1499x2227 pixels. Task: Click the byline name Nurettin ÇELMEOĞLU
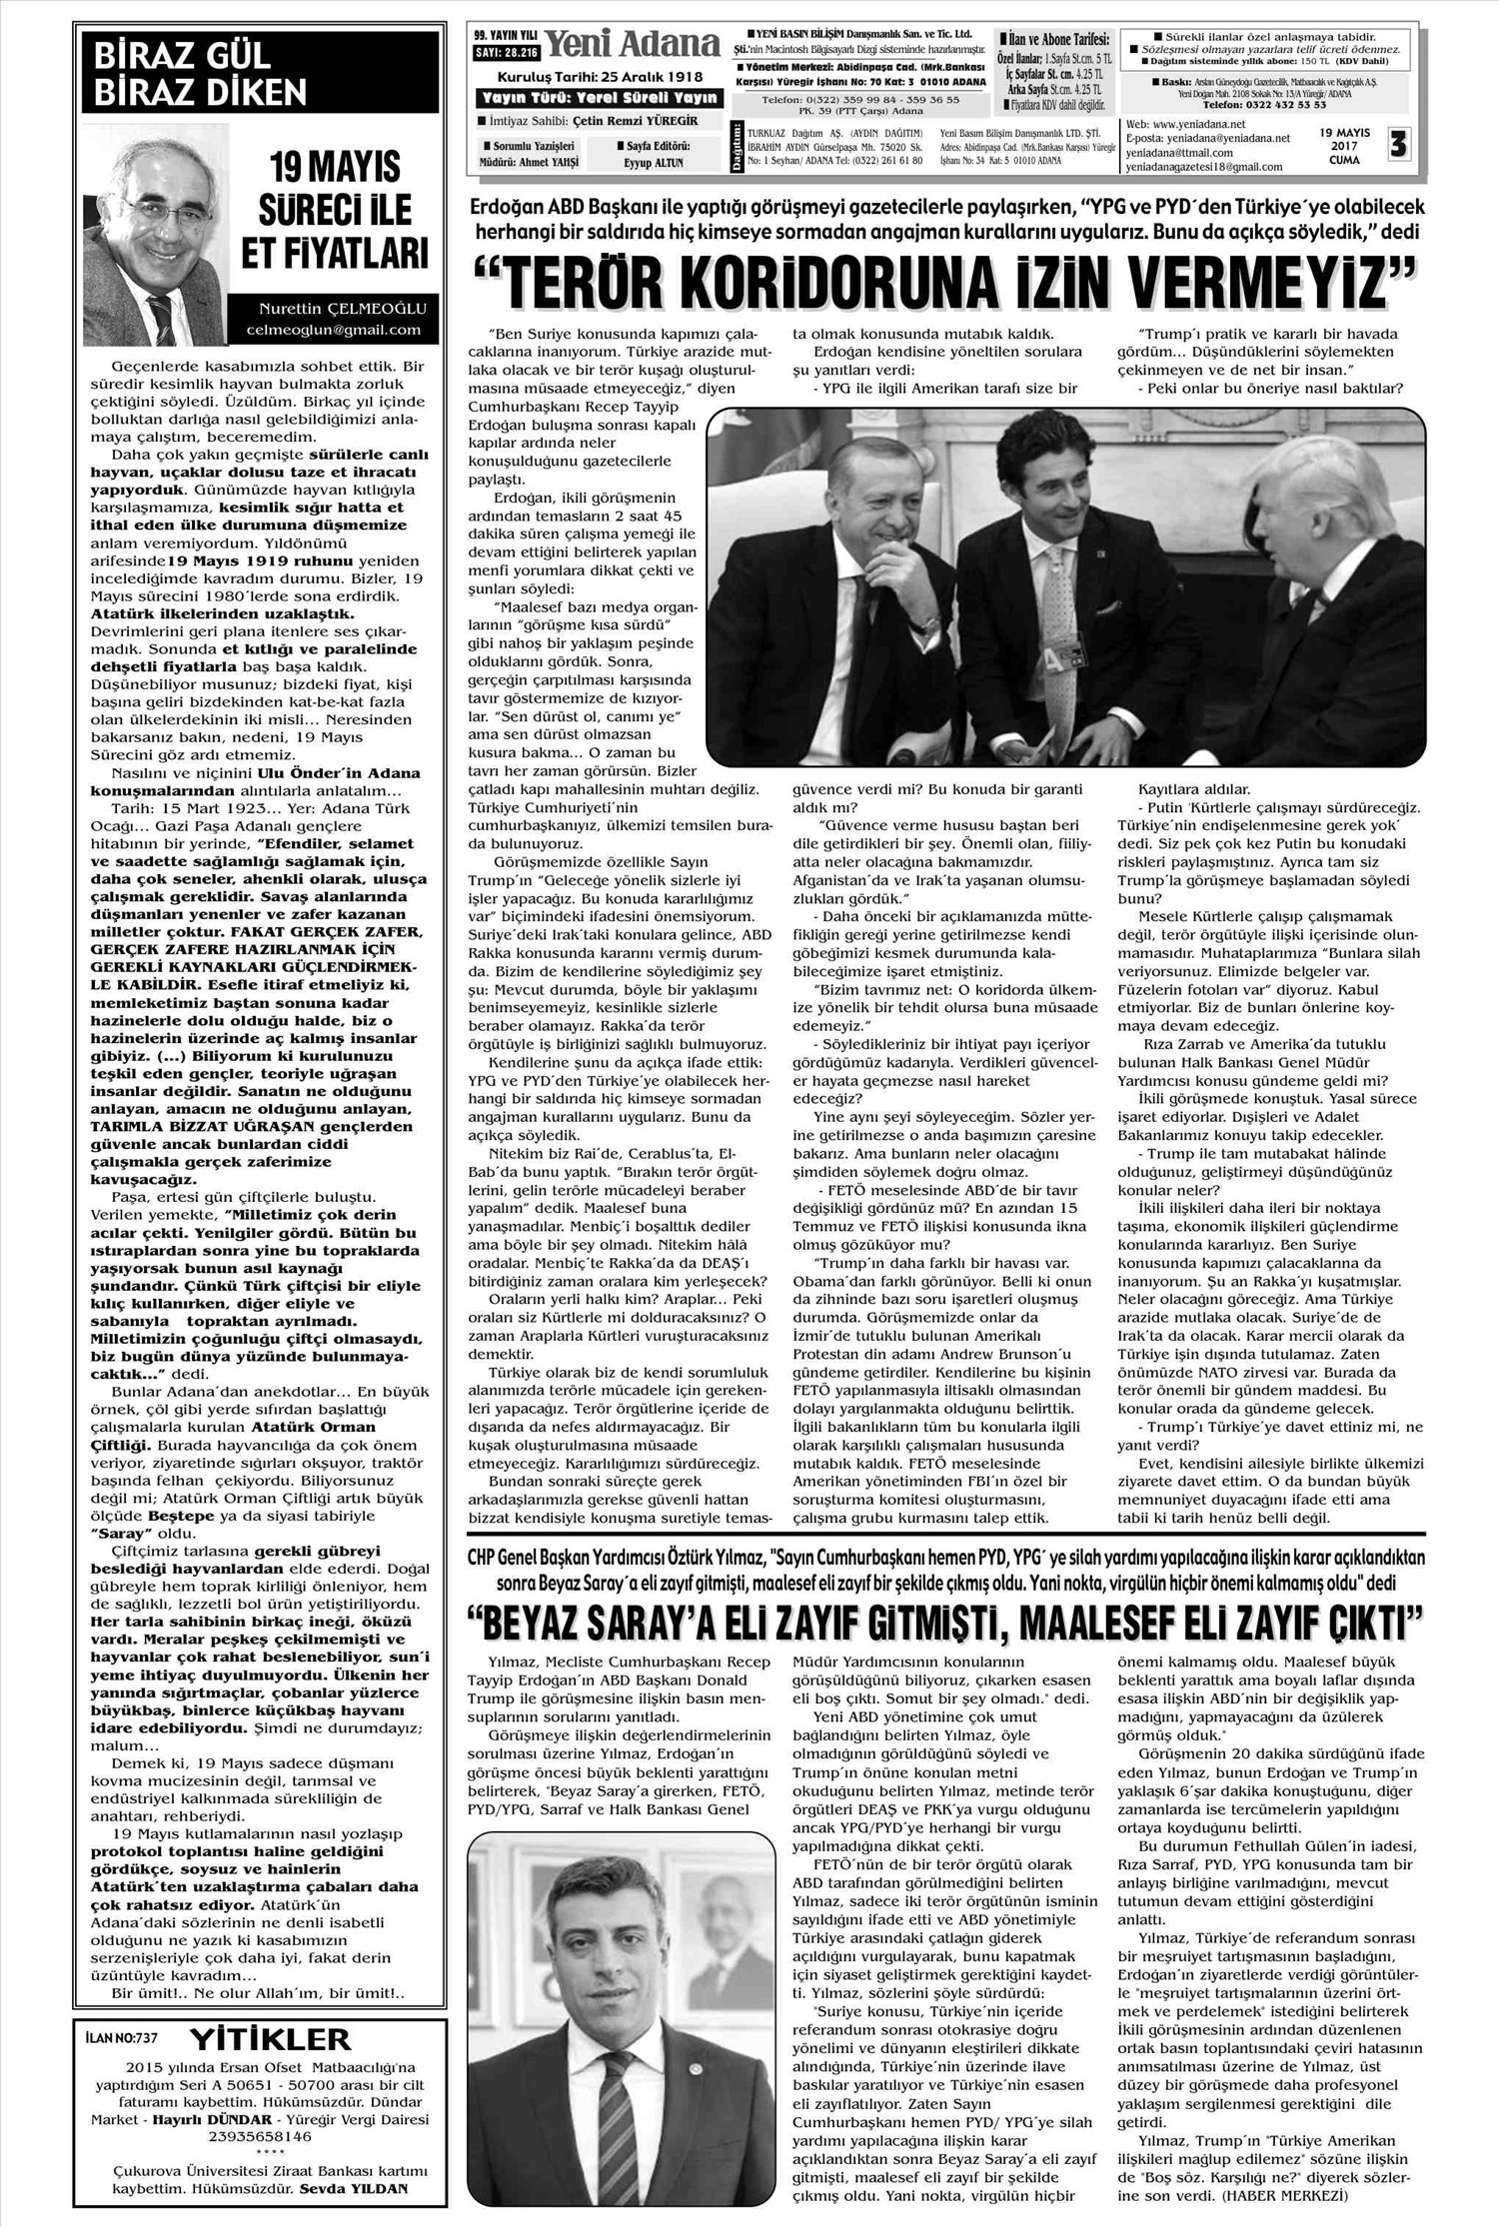point(339,310)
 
